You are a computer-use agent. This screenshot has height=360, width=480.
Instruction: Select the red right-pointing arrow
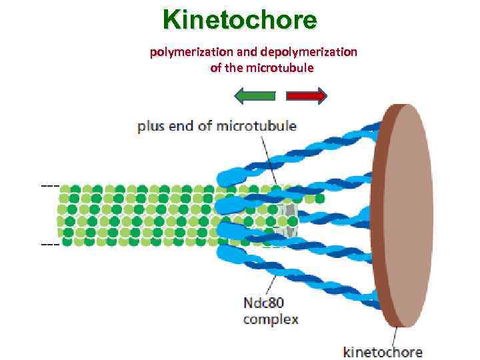click(x=307, y=96)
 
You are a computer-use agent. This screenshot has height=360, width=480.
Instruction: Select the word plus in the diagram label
click(x=152, y=126)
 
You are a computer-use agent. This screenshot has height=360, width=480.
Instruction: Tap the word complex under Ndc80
click(x=271, y=319)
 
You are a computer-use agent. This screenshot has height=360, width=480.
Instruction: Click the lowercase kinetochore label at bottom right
click(x=383, y=351)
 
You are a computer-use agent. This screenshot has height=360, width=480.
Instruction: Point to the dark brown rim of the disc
click(x=378, y=217)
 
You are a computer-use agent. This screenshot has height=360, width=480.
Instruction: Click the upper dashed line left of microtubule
click(x=50, y=185)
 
